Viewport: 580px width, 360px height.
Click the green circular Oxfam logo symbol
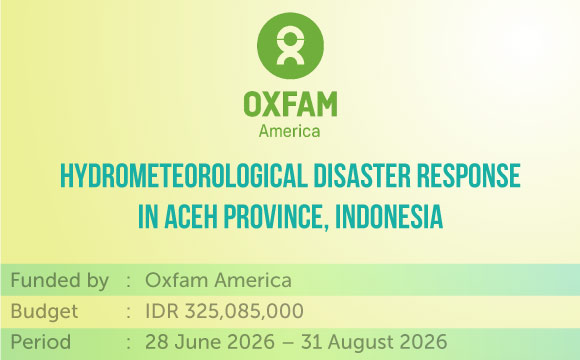tap(290, 46)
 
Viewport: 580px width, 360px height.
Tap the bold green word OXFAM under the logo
tap(290, 104)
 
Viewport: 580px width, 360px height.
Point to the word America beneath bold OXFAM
tap(289, 131)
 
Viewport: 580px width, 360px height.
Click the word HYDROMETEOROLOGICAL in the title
tap(184, 176)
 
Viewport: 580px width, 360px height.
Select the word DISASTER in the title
tap(362, 176)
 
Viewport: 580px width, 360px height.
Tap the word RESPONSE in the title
tap(469, 176)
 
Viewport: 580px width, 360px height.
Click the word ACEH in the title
tap(191, 216)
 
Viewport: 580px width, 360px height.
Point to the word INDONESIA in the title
tap(389, 216)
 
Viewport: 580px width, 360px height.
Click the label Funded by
tap(60, 281)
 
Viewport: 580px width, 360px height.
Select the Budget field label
tap(44, 312)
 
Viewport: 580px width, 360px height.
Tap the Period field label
tap(41, 342)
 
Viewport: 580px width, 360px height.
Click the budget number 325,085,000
tap(244, 312)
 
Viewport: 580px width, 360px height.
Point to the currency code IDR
tap(162, 311)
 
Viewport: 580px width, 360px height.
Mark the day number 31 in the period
tap(311, 342)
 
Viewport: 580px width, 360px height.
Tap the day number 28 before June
tap(157, 342)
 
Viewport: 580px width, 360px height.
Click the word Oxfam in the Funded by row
tap(176, 280)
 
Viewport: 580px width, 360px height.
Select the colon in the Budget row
tap(128, 313)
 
